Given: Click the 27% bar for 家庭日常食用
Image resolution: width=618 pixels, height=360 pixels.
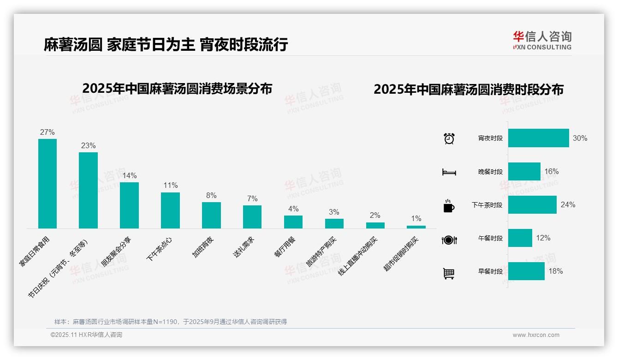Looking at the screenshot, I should tap(47, 183).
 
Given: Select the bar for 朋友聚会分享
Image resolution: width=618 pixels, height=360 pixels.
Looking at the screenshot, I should tap(129, 205).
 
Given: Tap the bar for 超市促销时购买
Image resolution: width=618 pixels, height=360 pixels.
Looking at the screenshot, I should tap(416, 227).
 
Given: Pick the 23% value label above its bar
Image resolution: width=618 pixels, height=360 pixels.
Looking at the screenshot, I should tap(88, 146).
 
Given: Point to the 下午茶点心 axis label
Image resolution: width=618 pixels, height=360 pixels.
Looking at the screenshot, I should tap(159, 249).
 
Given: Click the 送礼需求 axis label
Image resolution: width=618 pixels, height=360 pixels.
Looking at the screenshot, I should tap(244, 247).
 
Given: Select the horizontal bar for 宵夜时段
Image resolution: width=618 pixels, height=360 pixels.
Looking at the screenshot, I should tap(538, 138).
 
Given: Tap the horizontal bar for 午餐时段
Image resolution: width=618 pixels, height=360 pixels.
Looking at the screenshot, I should tap(520, 238).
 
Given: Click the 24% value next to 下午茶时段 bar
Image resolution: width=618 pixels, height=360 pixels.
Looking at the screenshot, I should tap(568, 205).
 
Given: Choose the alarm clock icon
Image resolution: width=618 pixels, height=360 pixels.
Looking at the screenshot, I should tap(449, 138).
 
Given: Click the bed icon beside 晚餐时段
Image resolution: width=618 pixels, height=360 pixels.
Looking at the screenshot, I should tap(449, 172).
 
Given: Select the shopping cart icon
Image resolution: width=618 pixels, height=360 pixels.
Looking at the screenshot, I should tap(449, 273).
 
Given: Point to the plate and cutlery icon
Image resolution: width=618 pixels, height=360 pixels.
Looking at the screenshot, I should tap(449, 240).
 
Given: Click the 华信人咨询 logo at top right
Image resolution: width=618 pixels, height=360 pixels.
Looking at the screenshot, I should tap(542, 40).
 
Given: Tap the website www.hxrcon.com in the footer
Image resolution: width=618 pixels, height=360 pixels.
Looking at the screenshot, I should tap(535, 335).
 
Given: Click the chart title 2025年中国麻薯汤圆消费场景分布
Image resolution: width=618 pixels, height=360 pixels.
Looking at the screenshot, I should tap(177, 89).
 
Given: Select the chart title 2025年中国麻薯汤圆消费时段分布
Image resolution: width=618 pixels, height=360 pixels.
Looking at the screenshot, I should tap(468, 90).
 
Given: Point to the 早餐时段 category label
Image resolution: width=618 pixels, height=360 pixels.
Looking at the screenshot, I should tap(490, 271).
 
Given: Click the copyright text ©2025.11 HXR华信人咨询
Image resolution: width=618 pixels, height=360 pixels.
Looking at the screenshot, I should tap(86, 335).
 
